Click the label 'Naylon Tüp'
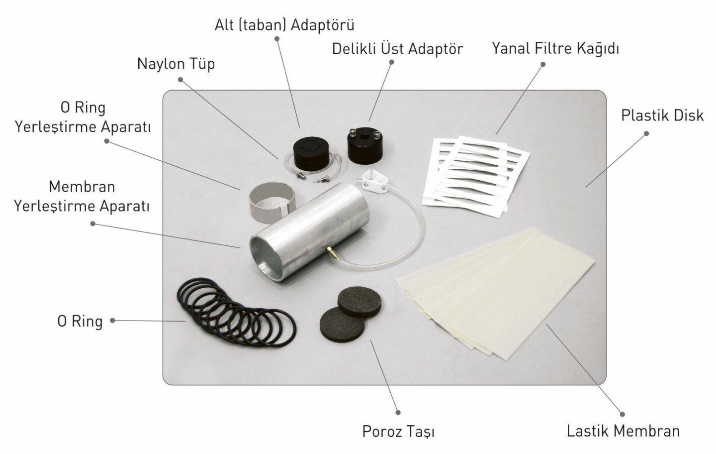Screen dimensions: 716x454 click(x=176, y=64)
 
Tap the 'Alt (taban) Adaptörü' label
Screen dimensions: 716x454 click(x=284, y=25)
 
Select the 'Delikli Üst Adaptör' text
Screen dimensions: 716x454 click(x=397, y=49)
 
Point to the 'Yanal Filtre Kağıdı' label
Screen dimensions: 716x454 click(x=555, y=49)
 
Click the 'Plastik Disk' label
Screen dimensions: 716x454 click(x=662, y=115)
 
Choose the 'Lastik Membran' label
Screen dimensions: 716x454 click(x=623, y=431)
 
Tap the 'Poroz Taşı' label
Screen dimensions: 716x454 click(x=398, y=432)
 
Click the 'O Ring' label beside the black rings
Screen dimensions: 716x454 click(x=80, y=321)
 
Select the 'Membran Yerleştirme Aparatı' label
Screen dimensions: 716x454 click(x=82, y=196)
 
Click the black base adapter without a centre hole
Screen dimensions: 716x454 click(x=311, y=153)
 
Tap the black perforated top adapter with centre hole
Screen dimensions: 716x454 click(x=365, y=145)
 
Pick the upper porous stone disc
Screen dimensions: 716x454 click(x=360, y=302)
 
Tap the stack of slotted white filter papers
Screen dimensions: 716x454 click(x=476, y=176)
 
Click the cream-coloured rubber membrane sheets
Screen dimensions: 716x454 click(x=495, y=293)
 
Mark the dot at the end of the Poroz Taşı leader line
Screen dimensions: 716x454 click(x=398, y=412)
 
